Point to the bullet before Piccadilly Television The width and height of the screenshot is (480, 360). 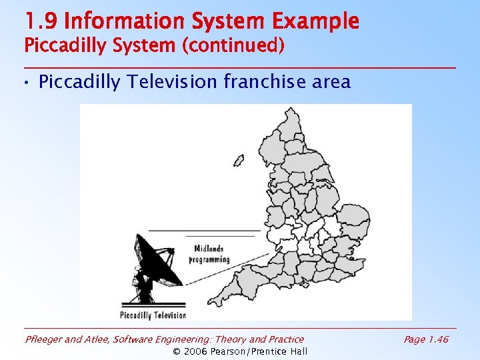(26, 83)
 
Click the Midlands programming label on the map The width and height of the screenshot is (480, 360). (209, 254)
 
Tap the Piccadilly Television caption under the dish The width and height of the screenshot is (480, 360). (153, 315)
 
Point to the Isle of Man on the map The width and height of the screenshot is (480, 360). (239, 161)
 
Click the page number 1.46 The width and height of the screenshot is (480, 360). (437, 339)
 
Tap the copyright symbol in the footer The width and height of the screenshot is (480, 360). (177, 351)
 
